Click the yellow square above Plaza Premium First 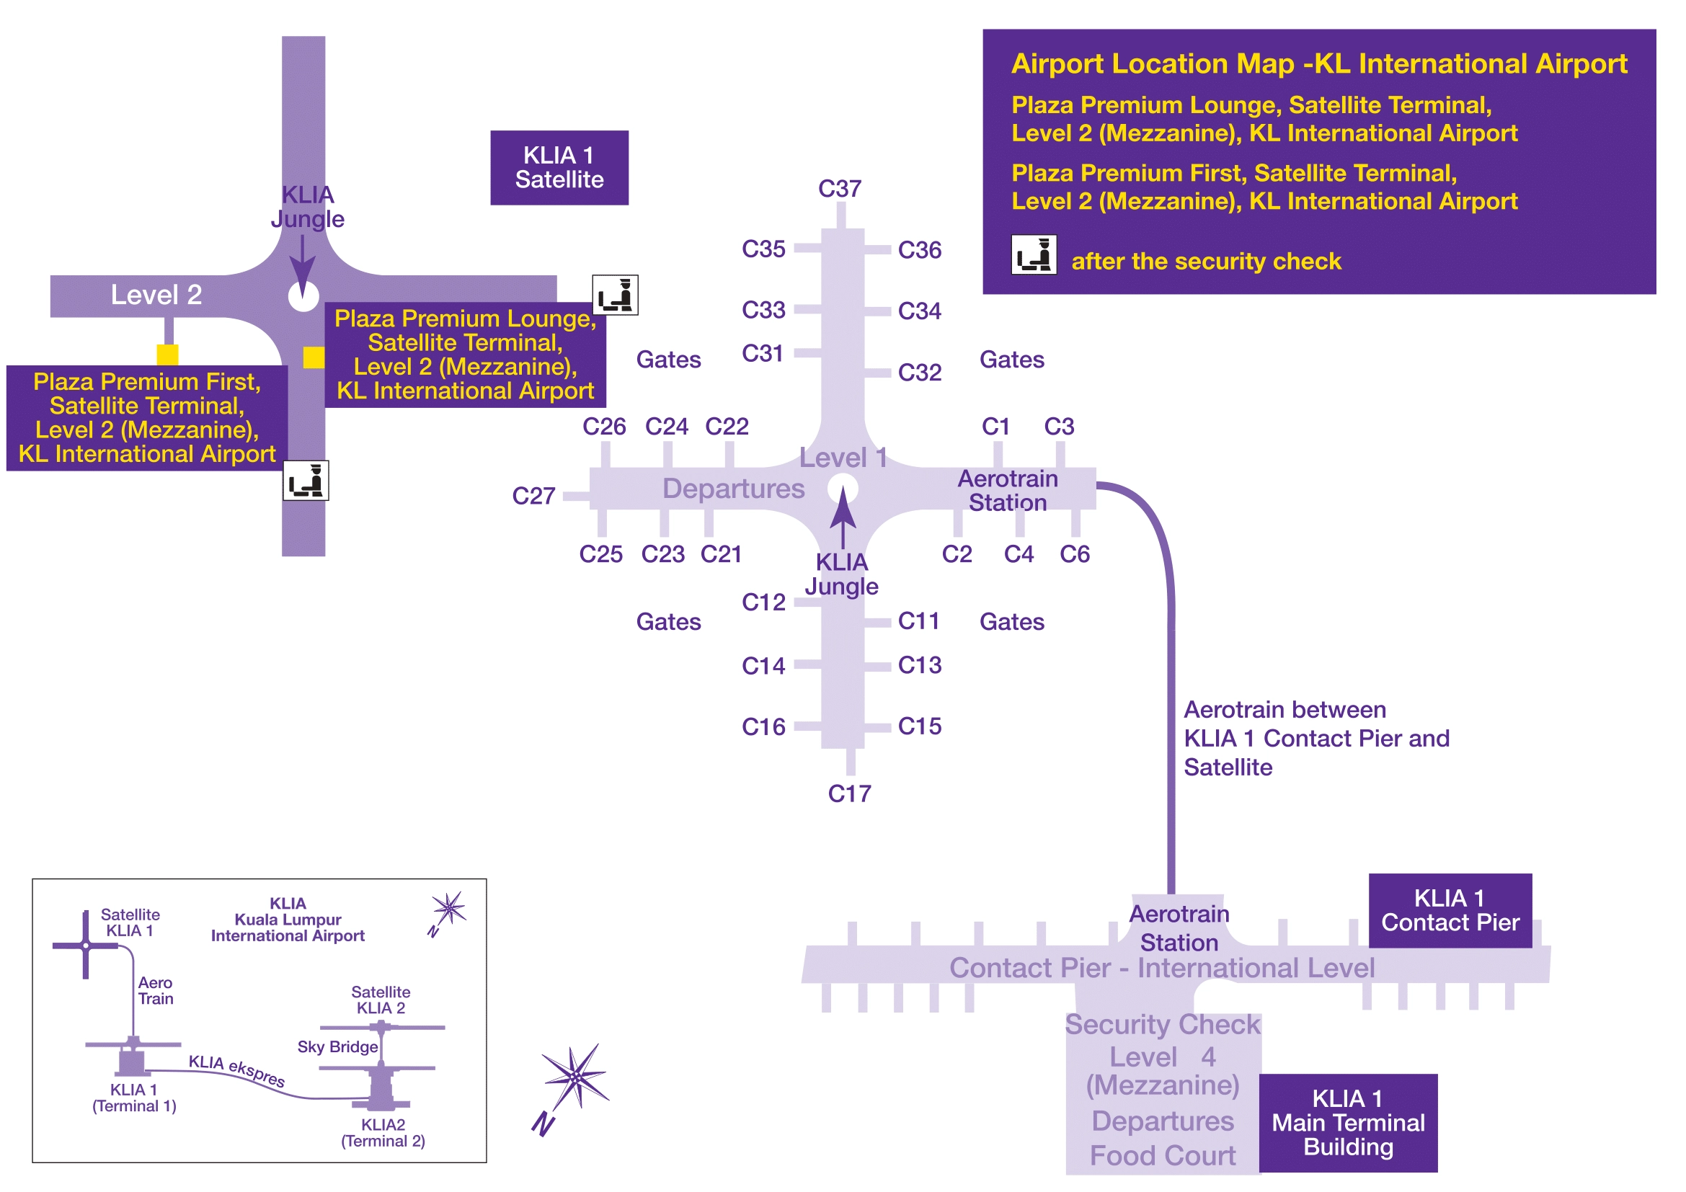click(167, 355)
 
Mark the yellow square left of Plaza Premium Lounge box click(314, 357)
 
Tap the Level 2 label click(156, 295)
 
